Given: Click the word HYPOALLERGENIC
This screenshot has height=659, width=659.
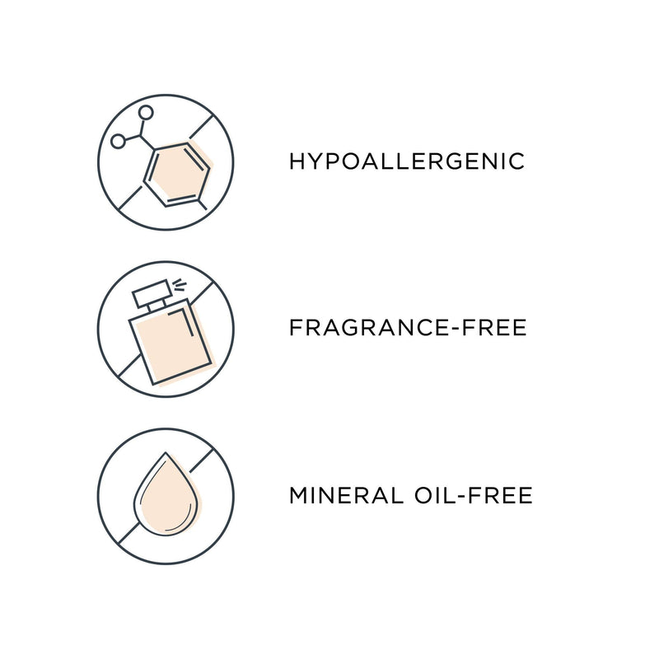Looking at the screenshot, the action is [407, 161].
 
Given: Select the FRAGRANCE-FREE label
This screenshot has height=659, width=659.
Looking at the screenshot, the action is [408, 328].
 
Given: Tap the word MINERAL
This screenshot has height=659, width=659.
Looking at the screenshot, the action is [346, 495].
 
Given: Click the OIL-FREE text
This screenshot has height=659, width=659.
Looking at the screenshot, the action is [474, 495].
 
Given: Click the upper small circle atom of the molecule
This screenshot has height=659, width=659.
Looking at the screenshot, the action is [146, 112].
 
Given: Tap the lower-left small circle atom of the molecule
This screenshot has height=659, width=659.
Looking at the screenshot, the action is [118, 142].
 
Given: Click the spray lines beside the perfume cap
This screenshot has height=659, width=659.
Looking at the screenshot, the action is [180, 284].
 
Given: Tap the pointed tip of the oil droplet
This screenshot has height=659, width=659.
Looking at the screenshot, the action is [166, 452].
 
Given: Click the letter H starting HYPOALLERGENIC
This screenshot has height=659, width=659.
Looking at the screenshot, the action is [297, 161].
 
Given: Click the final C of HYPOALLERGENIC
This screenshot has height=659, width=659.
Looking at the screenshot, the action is [517, 161].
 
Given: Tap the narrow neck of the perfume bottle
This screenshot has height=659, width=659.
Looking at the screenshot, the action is [157, 305].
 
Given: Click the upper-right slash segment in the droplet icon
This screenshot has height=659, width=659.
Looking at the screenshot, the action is [202, 460].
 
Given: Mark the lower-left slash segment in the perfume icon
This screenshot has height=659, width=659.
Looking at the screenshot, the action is [129, 365].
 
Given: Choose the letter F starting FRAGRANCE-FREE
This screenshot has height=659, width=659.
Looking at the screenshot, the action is [296, 328].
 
